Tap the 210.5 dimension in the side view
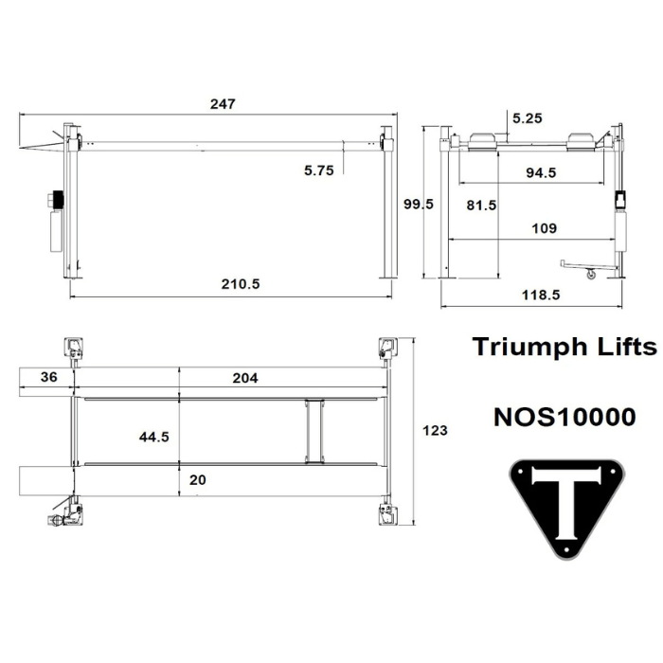pyautogui.click(x=241, y=284)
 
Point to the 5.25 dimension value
pyautogui.click(x=528, y=118)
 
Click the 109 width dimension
pyautogui.click(x=545, y=228)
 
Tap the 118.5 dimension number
pyautogui.click(x=540, y=295)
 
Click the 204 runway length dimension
pyautogui.click(x=244, y=377)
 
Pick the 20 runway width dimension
pyautogui.click(x=197, y=480)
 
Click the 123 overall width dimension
pyautogui.click(x=434, y=430)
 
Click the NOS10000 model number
pyautogui.click(x=564, y=417)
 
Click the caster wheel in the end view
pyautogui.click(x=592, y=275)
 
